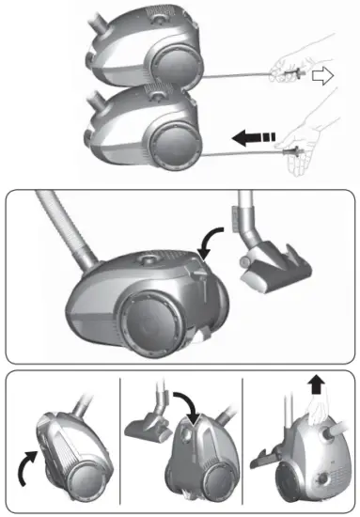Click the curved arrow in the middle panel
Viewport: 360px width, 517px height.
211,241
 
